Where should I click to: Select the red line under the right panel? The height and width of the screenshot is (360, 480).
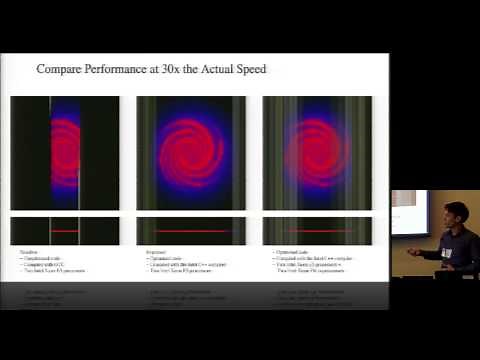(x=317, y=231)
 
